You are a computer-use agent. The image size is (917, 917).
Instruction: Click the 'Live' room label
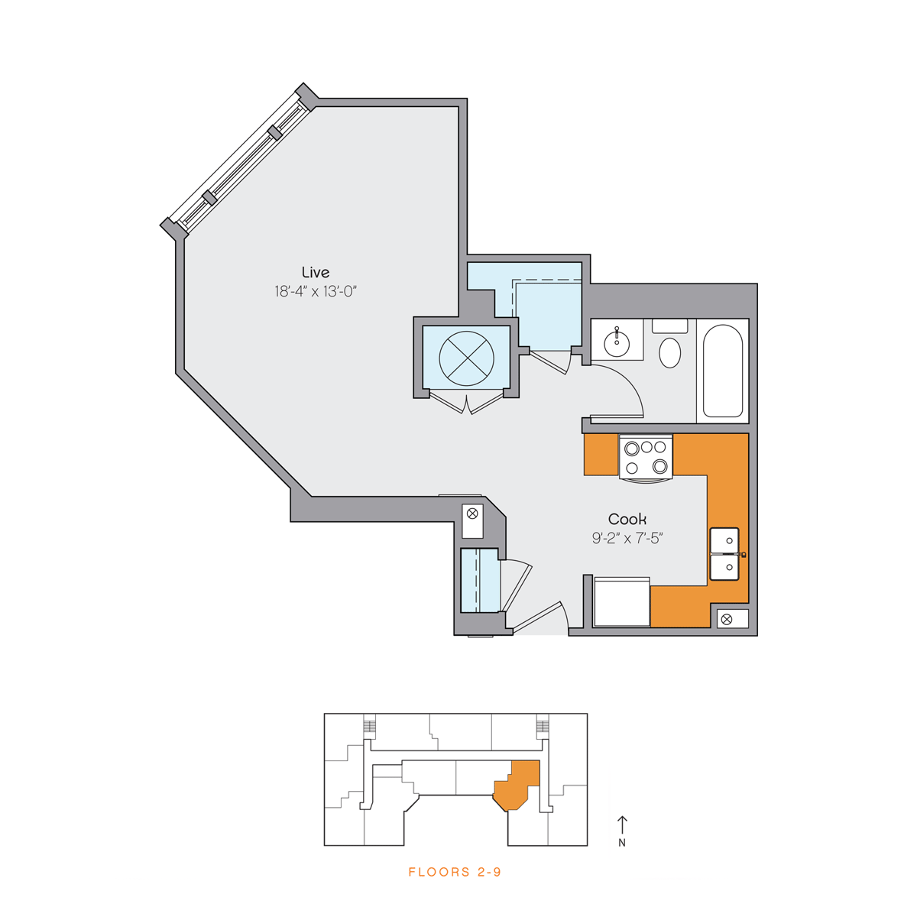316,272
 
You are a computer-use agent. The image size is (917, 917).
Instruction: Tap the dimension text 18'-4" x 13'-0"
316,291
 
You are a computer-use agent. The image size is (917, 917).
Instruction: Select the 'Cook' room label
627,519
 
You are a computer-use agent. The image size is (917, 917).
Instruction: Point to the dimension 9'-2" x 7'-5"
627,538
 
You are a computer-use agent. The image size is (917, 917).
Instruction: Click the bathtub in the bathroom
723,371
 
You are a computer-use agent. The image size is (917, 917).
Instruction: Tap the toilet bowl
669,352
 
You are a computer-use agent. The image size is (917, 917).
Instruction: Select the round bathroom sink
617,343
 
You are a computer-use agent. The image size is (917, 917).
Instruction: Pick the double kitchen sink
724,554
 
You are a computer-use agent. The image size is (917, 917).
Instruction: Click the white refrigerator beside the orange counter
622,601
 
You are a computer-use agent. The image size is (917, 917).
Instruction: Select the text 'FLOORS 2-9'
455,872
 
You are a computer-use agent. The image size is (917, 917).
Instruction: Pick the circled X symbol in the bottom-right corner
726,620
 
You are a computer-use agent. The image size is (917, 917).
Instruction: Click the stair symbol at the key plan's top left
369,726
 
